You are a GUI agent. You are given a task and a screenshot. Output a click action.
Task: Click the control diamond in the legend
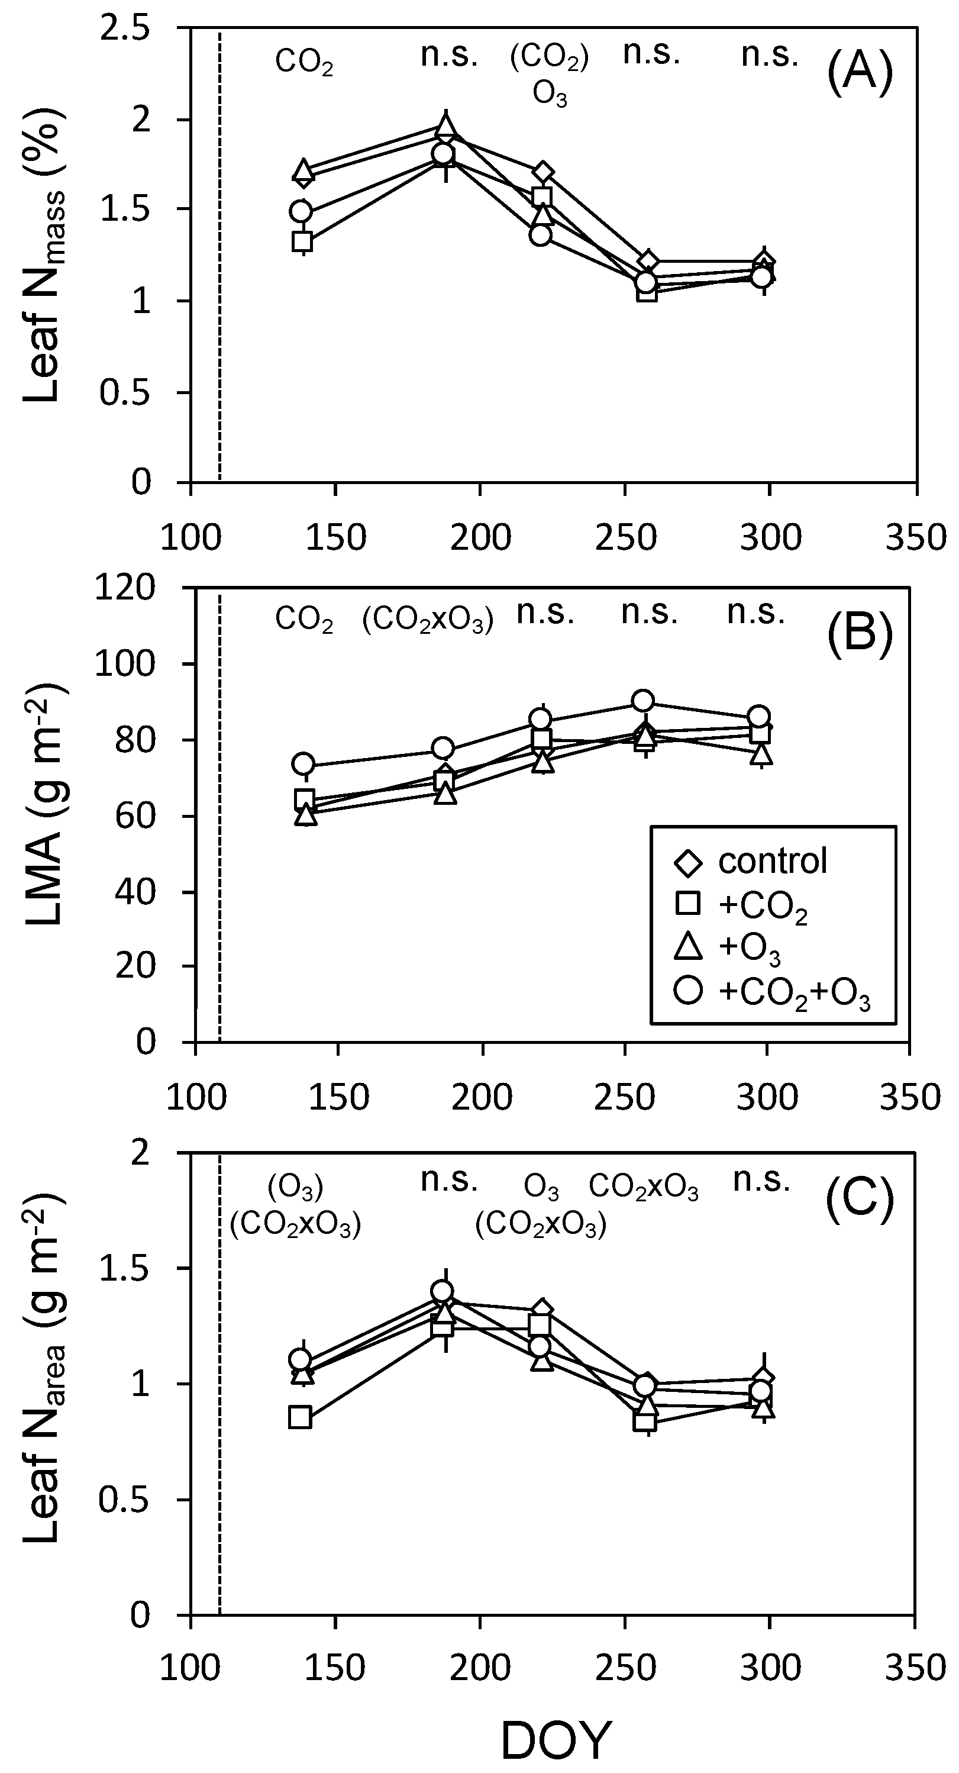(x=688, y=862)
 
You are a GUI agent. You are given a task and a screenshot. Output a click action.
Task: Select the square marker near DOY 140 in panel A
(x=302, y=241)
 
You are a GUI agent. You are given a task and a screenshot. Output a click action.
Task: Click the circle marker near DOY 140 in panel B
(x=303, y=763)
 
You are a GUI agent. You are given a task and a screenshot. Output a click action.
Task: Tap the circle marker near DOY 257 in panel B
(x=642, y=701)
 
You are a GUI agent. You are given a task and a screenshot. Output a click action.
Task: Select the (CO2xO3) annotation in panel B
(x=427, y=620)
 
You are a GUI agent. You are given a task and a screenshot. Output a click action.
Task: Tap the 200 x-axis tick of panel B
(x=482, y=1098)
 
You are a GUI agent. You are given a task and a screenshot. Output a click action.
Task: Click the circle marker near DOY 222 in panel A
(x=540, y=236)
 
